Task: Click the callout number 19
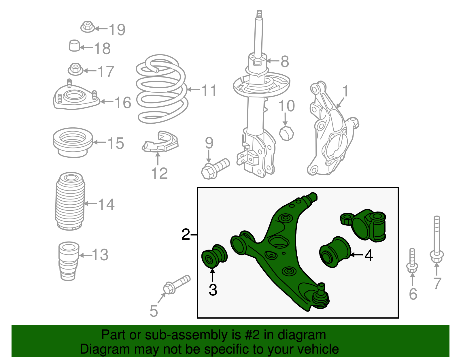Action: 117,29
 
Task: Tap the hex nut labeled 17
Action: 75,69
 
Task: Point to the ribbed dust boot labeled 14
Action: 70,201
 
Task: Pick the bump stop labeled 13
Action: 69,261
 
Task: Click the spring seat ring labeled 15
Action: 73,142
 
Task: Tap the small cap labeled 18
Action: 74,46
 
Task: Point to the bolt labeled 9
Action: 215,169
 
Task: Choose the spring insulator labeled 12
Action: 160,142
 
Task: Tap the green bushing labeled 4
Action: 335,252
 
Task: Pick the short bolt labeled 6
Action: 412,261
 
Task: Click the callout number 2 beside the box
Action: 186,234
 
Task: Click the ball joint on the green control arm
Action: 321,297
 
